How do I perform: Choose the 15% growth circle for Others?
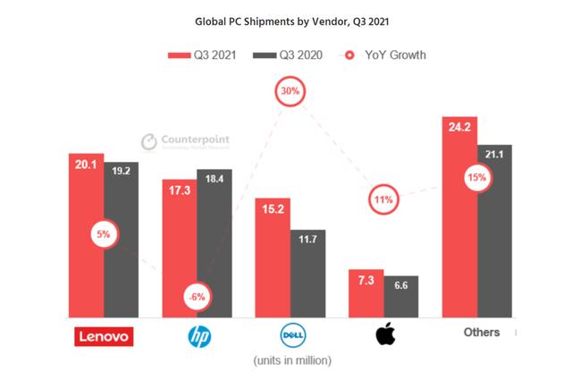tap(476, 178)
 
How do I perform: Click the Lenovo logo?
tap(103, 336)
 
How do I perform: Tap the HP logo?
tap(197, 336)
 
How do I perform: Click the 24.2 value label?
tap(458, 125)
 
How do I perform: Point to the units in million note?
tap(289, 360)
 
